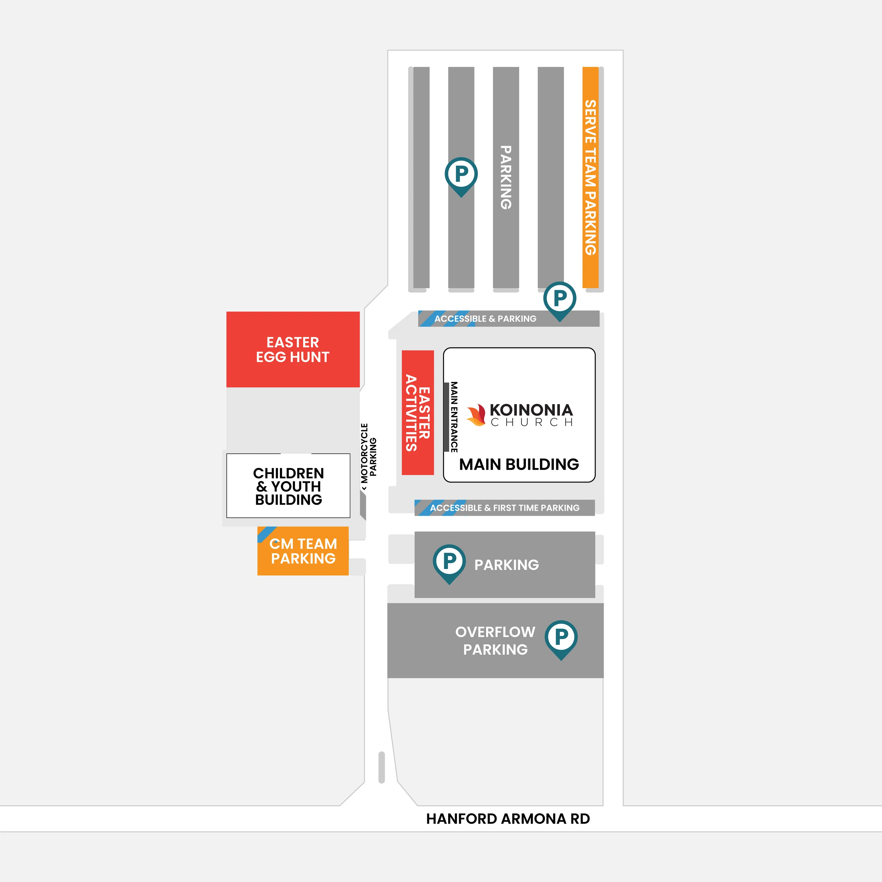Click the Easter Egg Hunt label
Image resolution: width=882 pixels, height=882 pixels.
(x=293, y=350)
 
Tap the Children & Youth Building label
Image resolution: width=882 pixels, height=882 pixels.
(x=288, y=486)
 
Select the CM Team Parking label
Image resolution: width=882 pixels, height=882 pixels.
(x=303, y=551)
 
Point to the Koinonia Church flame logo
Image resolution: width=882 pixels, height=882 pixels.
(x=476, y=415)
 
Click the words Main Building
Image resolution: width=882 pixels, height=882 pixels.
(x=519, y=464)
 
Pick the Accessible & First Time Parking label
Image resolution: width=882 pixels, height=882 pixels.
(x=504, y=508)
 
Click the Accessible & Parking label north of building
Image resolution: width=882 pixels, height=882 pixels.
(x=485, y=318)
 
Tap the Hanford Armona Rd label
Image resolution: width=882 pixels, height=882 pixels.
(x=508, y=819)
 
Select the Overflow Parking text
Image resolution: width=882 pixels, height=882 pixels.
(x=495, y=641)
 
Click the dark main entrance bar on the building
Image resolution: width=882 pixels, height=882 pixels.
(x=446, y=417)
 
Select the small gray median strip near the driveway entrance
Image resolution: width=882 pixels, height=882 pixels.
(x=382, y=767)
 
